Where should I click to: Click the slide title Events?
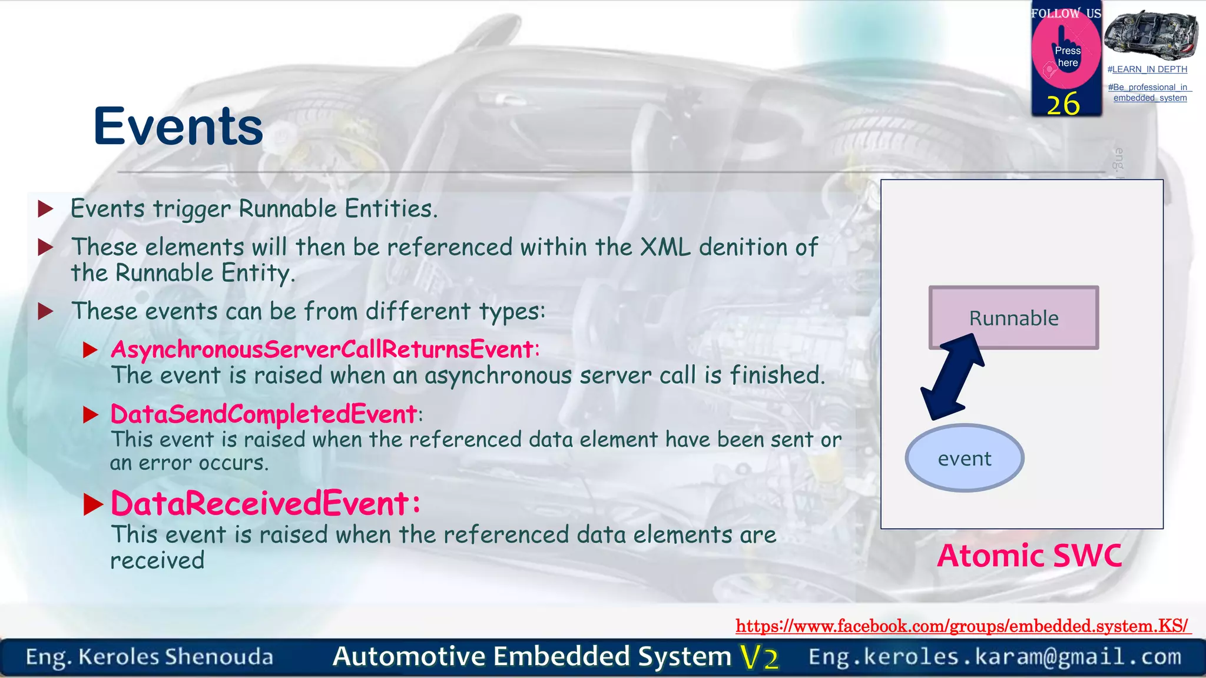click(178, 127)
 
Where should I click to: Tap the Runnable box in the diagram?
click(1013, 318)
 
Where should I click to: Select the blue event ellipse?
click(964, 458)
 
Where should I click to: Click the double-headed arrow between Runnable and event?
click(953, 377)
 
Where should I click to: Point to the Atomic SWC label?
click(1029, 556)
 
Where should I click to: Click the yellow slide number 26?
click(1063, 104)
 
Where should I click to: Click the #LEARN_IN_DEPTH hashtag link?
click(1147, 69)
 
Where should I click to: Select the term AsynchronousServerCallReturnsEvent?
click(322, 350)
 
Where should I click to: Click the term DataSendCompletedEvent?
click(263, 414)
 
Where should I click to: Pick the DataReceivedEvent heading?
click(265, 504)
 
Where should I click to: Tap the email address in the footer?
click(995, 657)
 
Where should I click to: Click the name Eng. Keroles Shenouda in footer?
click(150, 657)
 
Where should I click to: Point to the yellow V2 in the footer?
click(760, 657)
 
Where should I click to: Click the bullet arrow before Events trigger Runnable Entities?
click(45, 209)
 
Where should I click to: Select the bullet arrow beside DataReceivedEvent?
click(93, 504)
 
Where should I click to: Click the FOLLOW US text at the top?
click(1066, 13)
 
